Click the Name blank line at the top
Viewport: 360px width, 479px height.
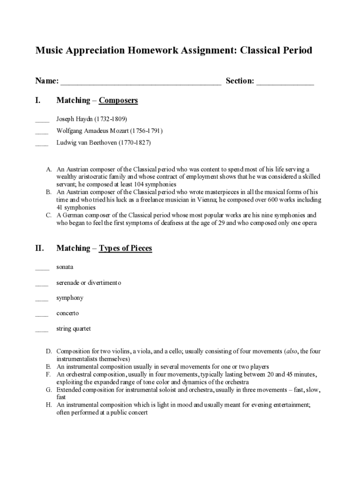[140, 83]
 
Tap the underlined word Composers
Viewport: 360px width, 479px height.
[118, 101]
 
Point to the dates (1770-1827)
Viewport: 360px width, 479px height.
[135, 143]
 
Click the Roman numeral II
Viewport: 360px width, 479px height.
[40, 248]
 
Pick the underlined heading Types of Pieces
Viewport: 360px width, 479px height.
[125, 248]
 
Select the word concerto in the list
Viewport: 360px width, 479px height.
[68, 313]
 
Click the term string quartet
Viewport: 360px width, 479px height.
[73, 329]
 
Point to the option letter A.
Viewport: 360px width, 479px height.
[48, 169]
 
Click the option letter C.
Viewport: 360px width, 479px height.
[48, 215]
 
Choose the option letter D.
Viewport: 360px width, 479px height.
[48, 351]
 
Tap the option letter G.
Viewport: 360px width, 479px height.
[48, 390]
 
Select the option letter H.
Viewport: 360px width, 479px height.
[48, 405]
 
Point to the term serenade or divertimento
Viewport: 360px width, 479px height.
[89, 283]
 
